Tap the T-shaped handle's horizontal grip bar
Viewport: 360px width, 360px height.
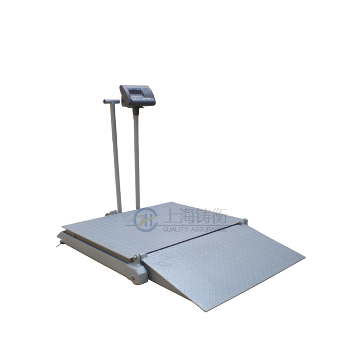click(x=111, y=101)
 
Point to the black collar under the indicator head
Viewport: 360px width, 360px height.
click(x=136, y=111)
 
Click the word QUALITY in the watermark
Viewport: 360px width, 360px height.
click(x=175, y=229)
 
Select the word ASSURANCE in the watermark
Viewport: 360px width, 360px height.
click(x=208, y=229)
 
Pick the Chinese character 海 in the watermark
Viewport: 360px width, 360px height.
click(x=187, y=216)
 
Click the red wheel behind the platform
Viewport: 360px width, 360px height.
click(x=108, y=215)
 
